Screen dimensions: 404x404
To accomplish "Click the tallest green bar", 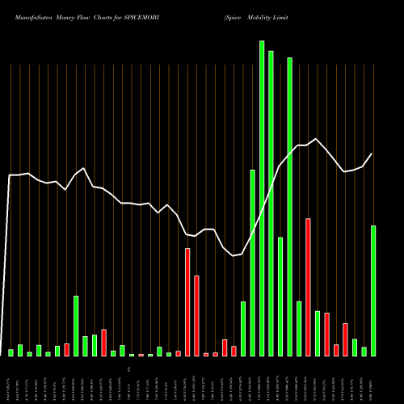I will tap(262, 198).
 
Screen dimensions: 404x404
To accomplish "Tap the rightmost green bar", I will tap(373, 291).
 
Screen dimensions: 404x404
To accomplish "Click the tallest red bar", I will tap(309, 287).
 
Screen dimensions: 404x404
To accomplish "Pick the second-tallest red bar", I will tap(187, 302).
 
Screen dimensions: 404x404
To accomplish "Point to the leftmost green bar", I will tap(11, 352).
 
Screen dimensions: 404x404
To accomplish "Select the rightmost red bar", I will tap(345, 340).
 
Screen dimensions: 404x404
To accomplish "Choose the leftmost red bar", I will tap(67, 350).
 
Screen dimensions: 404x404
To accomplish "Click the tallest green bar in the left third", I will tap(76, 326).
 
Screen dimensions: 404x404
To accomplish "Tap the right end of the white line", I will tap(372, 154).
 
